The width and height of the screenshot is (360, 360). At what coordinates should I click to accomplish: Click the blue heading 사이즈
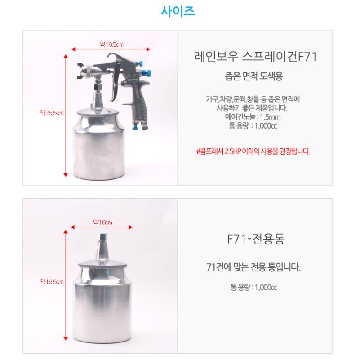tap(178, 11)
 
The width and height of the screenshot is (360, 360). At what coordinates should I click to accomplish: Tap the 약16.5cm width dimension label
tap(111, 44)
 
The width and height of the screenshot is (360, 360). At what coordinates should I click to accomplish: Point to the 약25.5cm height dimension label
tap(52, 113)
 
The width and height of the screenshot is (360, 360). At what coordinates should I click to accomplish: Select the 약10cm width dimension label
tap(102, 222)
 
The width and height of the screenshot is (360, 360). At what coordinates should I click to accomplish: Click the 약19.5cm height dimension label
tap(52, 281)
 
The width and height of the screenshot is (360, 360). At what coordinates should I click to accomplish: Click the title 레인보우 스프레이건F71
tap(255, 57)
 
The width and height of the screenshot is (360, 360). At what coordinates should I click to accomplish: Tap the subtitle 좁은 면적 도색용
tap(253, 76)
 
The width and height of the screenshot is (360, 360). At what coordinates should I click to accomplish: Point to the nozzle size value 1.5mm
tap(270, 117)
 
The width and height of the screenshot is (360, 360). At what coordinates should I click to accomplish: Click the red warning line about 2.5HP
tap(253, 151)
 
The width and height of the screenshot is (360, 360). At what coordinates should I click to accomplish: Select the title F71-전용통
tap(256, 239)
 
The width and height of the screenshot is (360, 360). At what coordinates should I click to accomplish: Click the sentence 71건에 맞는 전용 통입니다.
tap(253, 267)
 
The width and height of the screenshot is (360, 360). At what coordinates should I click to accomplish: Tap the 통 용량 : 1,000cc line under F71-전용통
tap(253, 287)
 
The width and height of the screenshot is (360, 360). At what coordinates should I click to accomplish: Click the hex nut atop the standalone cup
tap(102, 237)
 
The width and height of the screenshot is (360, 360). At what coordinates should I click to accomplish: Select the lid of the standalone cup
tap(102, 263)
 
